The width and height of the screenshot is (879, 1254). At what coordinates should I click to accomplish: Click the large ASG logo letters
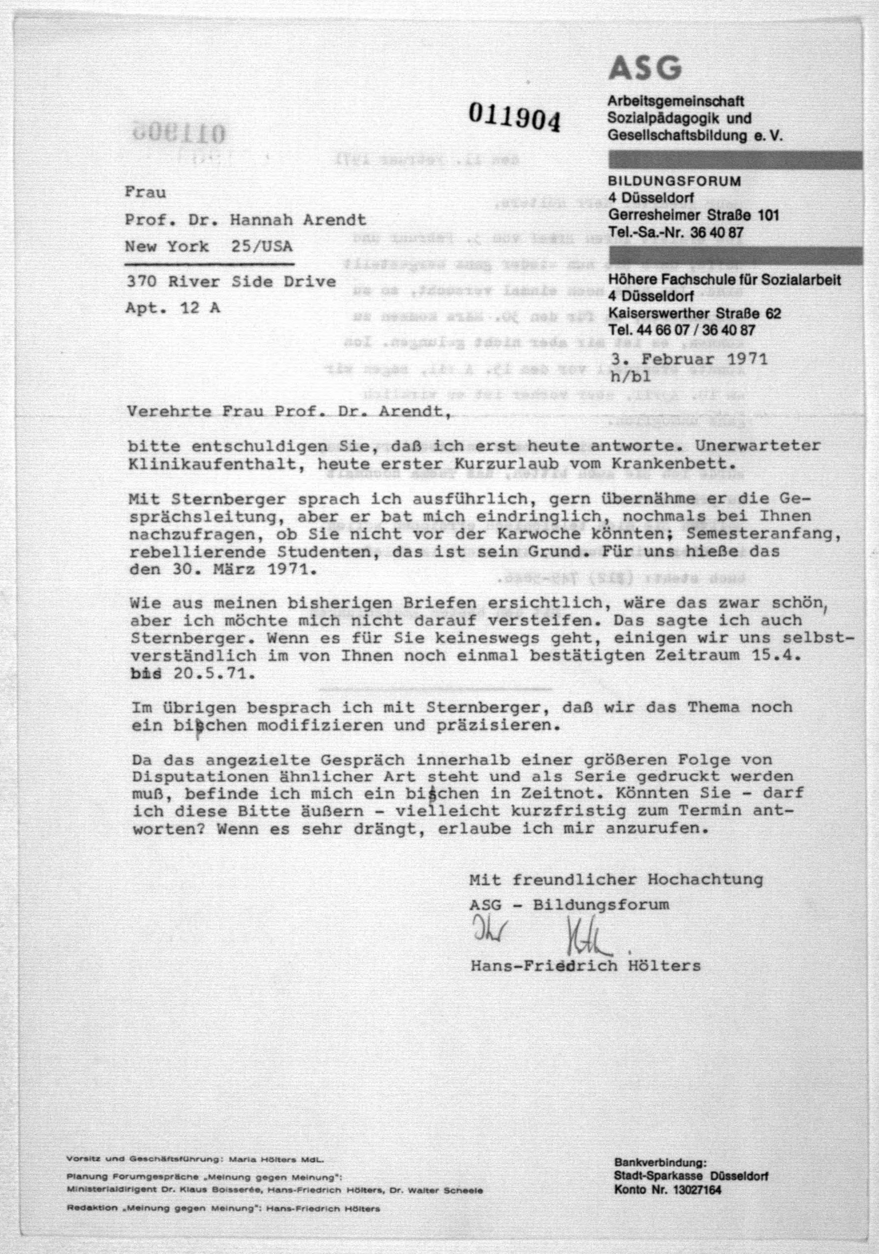click(x=645, y=68)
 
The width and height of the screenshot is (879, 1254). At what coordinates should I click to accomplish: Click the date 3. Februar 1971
click(x=689, y=360)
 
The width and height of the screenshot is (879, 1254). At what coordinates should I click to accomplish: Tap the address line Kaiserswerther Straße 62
click(x=694, y=313)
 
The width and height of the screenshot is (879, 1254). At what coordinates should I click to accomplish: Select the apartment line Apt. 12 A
click(x=173, y=308)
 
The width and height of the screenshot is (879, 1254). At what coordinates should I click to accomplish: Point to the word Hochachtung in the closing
click(x=705, y=879)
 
